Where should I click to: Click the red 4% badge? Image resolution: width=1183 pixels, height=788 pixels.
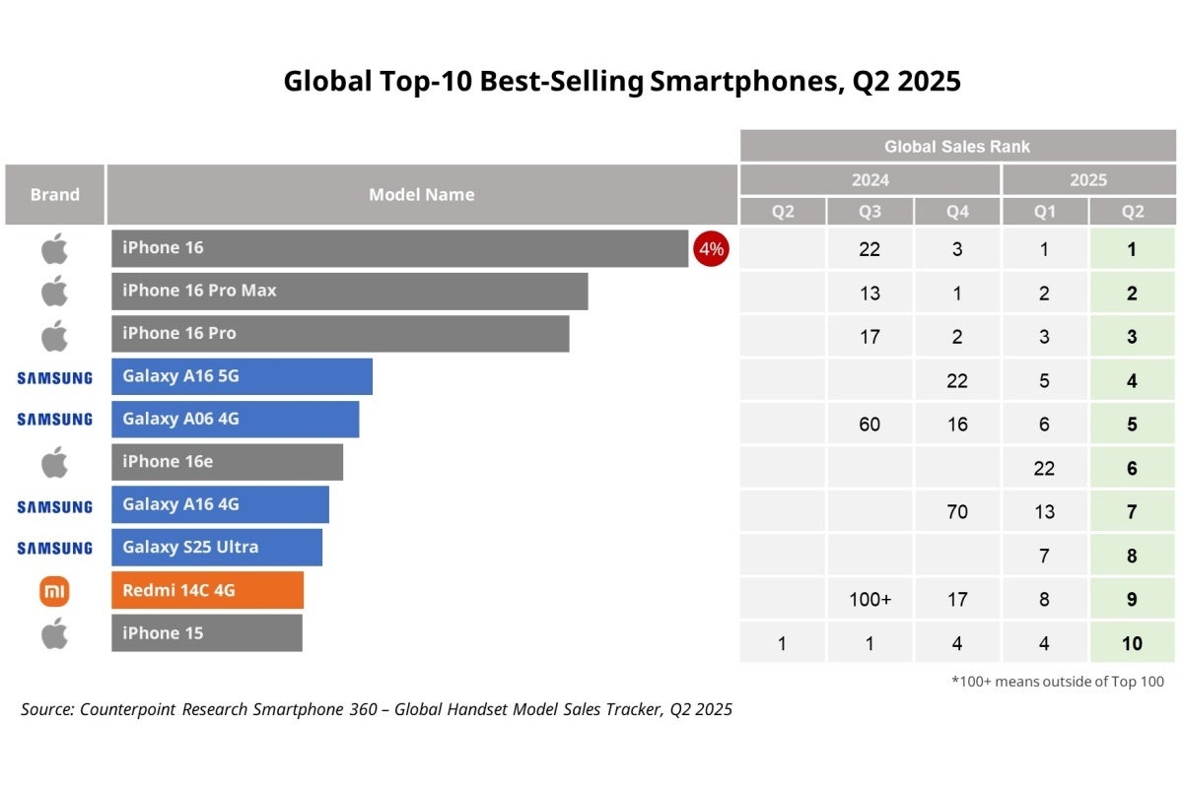(x=711, y=249)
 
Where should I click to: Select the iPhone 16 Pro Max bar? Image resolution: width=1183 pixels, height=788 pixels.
(x=349, y=292)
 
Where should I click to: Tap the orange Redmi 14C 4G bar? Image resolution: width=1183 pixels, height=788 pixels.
(x=207, y=591)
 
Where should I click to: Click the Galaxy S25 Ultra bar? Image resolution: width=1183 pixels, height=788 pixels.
(x=216, y=548)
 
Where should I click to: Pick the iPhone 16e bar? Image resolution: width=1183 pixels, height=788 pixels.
(x=227, y=462)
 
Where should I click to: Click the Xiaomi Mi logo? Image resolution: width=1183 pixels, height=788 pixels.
(x=54, y=591)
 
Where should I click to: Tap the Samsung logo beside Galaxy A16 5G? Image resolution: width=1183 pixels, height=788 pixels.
(x=54, y=377)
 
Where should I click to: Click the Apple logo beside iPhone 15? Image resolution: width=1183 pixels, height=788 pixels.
(x=54, y=634)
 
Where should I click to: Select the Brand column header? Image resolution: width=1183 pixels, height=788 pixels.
(x=54, y=195)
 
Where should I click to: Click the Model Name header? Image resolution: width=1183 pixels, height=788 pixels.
(x=421, y=195)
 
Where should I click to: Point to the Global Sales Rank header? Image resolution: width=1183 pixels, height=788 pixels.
(x=957, y=147)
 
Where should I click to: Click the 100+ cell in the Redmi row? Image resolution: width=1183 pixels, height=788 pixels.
(x=870, y=600)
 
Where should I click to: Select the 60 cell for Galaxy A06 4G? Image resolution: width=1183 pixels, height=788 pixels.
(x=870, y=425)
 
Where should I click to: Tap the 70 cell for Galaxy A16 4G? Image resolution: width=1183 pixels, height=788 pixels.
(x=956, y=512)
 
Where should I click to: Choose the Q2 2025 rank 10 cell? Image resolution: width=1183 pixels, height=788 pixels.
(x=1132, y=643)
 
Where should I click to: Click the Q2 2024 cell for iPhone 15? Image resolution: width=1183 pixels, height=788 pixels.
(x=783, y=643)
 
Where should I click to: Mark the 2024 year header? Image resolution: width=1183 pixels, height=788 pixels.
(x=870, y=180)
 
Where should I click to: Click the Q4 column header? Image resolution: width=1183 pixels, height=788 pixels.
(x=956, y=212)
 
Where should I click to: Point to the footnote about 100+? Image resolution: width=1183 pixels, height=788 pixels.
(x=1057, y=682)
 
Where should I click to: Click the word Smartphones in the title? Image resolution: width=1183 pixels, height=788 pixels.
(x=743, y=81)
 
